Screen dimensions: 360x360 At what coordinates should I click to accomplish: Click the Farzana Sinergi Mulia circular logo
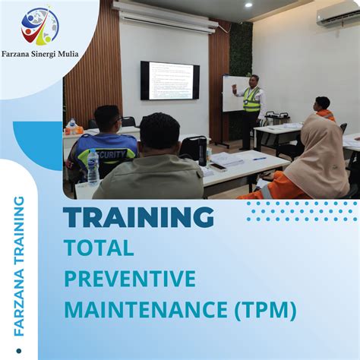[40, 27]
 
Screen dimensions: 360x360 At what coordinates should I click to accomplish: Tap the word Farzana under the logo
[23, 53]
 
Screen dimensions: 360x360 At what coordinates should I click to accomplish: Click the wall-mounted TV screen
[169, 81]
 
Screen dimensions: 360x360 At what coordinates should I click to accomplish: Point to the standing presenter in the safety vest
[251, 106]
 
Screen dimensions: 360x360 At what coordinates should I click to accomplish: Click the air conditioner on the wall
[337, 17]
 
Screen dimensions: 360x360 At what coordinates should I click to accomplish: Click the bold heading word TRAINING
[138, 217]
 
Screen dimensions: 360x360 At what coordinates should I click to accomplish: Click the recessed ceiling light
[248, 5]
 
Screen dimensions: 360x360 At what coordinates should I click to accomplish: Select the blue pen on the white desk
[260, 158]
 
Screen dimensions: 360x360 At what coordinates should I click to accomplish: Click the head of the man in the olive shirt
[160, 131]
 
